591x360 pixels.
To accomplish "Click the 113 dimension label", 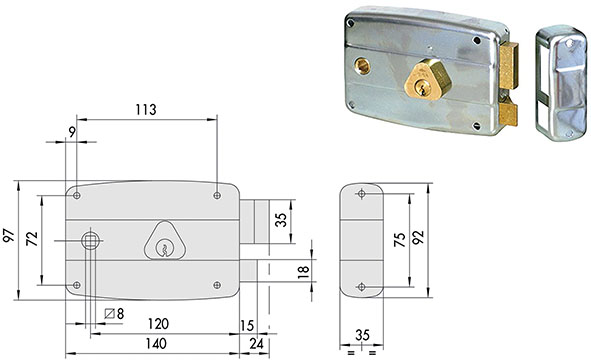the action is tap(146, 109).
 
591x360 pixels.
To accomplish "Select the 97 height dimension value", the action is tap(9, 235).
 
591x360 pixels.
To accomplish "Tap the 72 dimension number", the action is tap(32, 239).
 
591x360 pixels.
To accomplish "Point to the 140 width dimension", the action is tap(156, 343).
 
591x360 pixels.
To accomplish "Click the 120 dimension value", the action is tap(158, 323).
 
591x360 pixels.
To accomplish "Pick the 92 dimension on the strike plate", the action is tap(418, 237).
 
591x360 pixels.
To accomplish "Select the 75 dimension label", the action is tap(400, 240).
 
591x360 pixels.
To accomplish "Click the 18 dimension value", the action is tap(303, 272).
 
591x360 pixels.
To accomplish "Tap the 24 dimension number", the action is tap(257, 343).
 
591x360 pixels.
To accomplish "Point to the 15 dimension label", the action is tap(247, 325).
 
